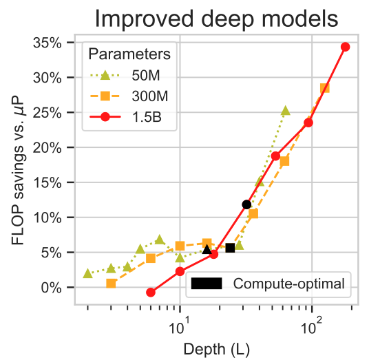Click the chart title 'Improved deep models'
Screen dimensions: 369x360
tap(216, 19)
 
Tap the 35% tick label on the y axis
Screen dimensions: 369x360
tap(47, 43)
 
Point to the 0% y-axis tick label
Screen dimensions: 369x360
tap(52, 288)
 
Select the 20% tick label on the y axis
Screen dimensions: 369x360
tap(47, 148)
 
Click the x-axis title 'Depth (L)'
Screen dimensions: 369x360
tap(216, 349)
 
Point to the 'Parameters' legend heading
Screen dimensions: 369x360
tap(129, 54)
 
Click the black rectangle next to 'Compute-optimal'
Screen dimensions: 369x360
tap(207, 284)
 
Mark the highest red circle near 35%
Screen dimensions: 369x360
tap(345, 47)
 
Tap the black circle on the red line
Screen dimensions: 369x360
tap(246, 204)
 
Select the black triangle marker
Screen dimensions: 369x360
tap(207, 249)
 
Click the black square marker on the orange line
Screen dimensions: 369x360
tap(230, 248)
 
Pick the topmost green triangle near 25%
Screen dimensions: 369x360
tap(286, 110)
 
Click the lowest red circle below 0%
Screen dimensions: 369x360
tap(151, 293)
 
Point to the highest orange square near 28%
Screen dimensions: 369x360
tap(325, 88)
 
